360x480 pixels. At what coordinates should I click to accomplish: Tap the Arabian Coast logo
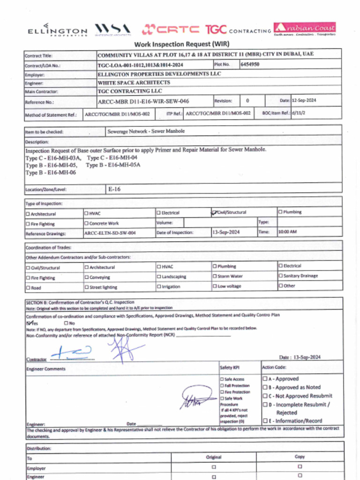[305, 29]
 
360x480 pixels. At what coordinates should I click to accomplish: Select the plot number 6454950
[250, 64]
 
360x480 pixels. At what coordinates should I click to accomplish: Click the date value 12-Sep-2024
[305, 100]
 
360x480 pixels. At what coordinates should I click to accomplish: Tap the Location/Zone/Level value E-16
[114, 189]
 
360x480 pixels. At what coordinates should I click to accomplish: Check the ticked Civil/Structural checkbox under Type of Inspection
[215, 212]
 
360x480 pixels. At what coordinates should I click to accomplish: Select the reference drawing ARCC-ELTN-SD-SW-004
[110, 233]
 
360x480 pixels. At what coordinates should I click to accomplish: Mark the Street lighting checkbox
[87, 287]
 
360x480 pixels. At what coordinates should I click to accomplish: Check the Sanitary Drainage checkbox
[281, 276]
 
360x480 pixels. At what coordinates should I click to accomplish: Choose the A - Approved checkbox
[265, 379]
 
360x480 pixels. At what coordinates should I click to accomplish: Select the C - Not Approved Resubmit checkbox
[265, 396]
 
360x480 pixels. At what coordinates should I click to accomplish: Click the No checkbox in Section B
[66, 323]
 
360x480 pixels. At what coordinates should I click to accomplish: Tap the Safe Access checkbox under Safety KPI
[222, 379]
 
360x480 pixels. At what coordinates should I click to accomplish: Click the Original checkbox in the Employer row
[214, 467]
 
